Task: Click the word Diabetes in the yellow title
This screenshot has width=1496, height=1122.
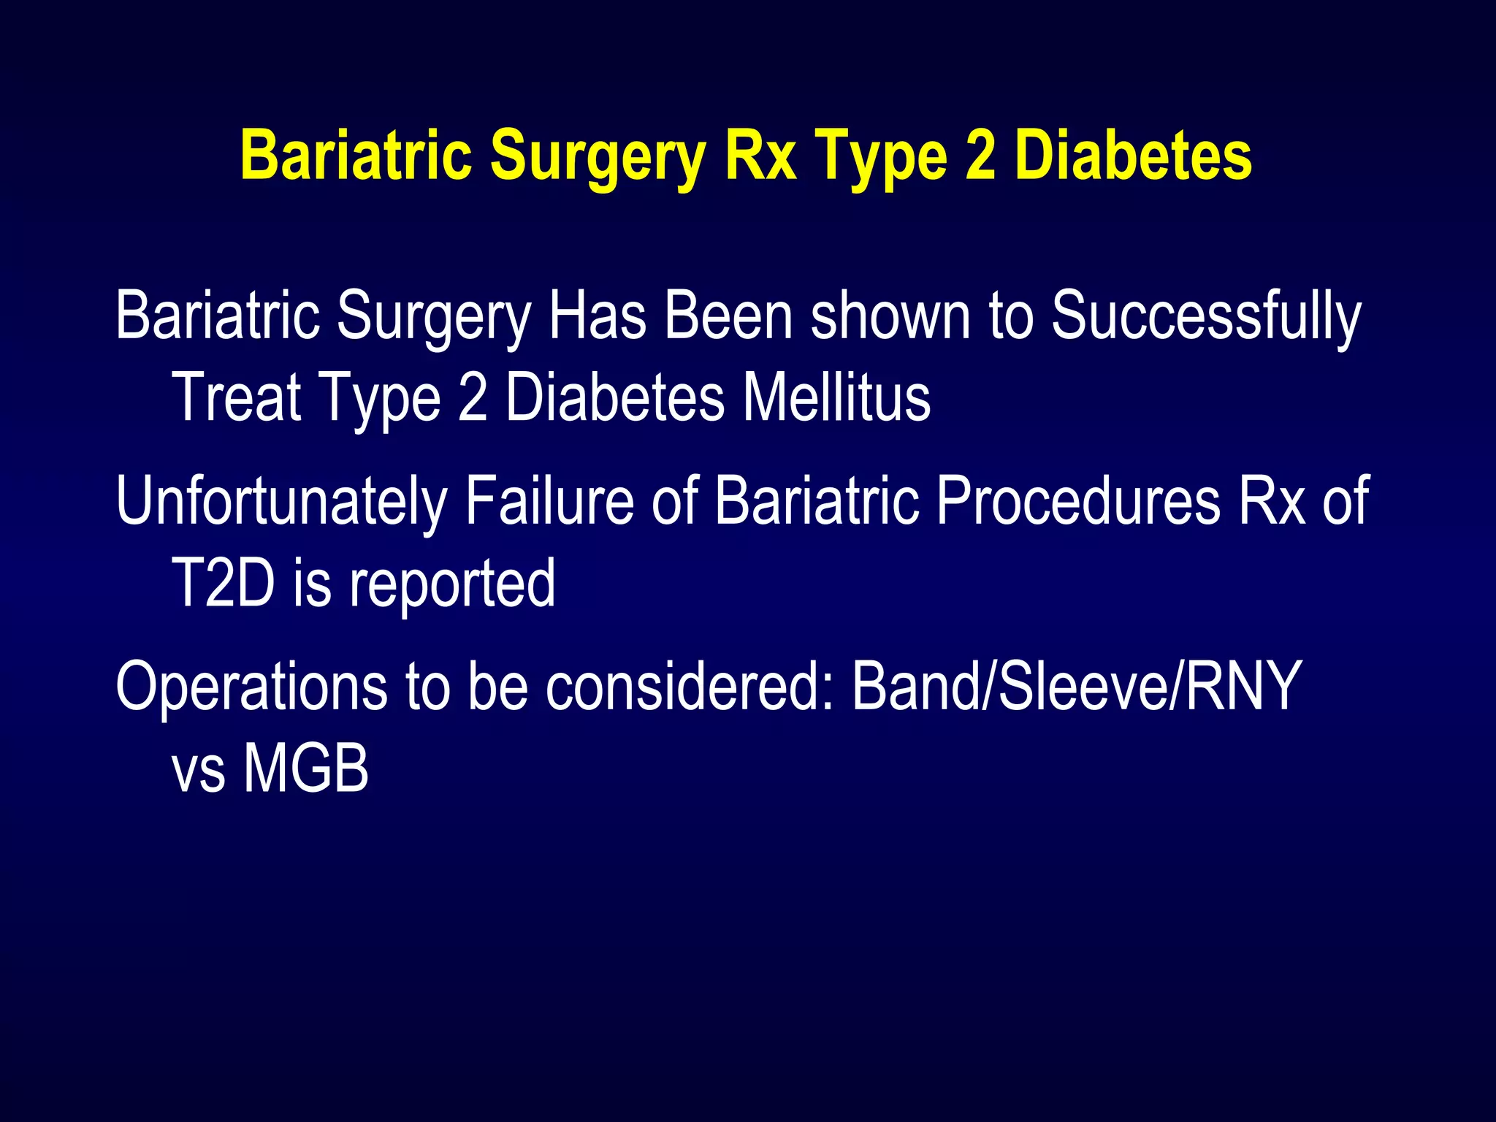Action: pos(1133,156)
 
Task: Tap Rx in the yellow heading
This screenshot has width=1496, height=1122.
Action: pos(760,156)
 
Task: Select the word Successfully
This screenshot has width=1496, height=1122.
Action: pos(1206,316)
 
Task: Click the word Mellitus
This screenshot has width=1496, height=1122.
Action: pos(836,397)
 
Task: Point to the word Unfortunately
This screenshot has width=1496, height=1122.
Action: pos(281,501)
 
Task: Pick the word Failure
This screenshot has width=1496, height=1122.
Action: pos(549,501)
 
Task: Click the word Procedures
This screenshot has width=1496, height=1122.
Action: pos(1077,501)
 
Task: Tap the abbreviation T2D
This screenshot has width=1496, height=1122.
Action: pos(222,582)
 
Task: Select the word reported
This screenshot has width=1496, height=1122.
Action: pos(452,584)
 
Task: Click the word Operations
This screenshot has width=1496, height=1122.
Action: pos(251,687)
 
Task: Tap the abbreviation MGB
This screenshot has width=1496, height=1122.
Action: pos(306,768)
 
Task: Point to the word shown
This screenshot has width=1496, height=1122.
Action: pos(890,316)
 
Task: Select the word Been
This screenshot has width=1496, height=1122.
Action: pos(728,316)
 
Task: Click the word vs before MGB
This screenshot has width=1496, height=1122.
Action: pos(198,771)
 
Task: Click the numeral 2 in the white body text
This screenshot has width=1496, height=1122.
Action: pos(473,397)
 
